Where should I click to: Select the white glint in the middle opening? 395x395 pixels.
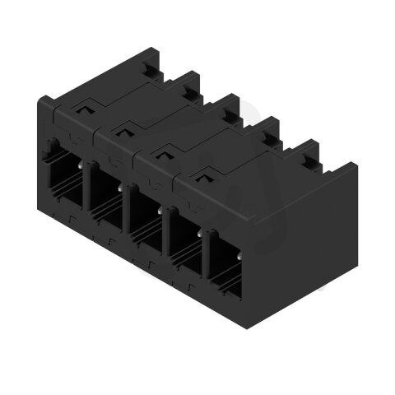coord(122,188)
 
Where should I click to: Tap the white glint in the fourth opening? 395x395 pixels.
coord(160,211)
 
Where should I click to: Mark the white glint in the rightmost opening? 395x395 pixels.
coord(200,234)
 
